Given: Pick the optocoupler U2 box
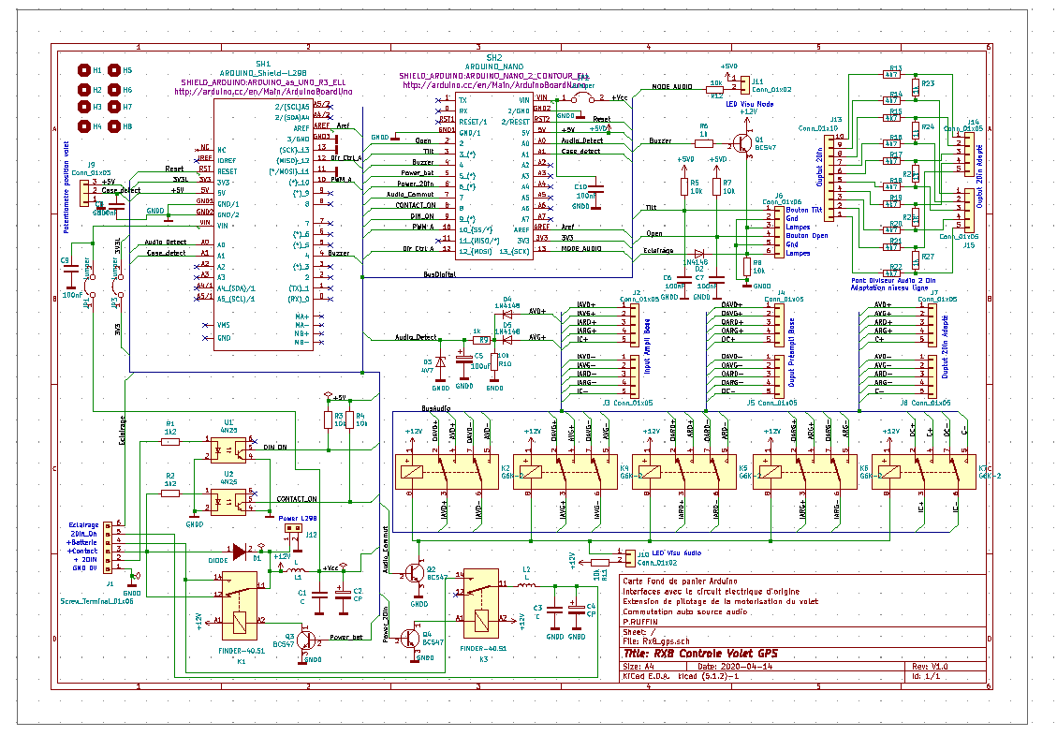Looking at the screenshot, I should tap(227, 502).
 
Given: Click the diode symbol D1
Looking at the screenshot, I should tap(240, 552).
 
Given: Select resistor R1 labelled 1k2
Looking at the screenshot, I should tap(170, 440).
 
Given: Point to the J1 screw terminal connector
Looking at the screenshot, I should tap(109, 549).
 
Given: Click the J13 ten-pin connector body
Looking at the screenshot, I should tap(840, 176).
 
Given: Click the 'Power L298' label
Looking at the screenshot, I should tap(297, 518).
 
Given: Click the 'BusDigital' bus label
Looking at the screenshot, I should tap(439, 274).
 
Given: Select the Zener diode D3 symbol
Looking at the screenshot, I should tap(440, 361).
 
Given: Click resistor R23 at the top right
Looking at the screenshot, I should tap(918, 84).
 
